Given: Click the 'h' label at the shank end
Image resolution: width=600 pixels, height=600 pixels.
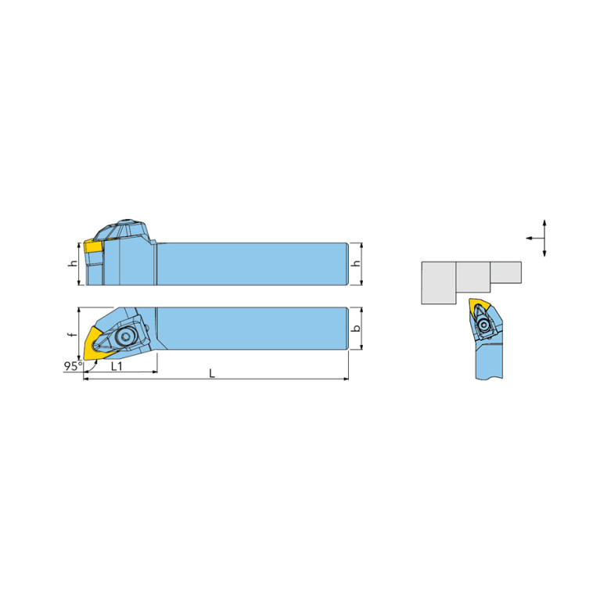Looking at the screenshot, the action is (357, 264).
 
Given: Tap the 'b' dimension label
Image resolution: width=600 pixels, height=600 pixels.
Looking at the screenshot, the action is (357, 329).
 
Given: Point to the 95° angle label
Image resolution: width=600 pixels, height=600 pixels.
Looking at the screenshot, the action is (73, 366).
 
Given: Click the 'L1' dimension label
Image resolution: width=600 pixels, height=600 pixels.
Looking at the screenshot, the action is (117, 366).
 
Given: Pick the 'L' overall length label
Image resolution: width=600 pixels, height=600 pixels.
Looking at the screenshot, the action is (212, 373).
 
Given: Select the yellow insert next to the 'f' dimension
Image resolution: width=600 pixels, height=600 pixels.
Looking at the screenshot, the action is (93, 343).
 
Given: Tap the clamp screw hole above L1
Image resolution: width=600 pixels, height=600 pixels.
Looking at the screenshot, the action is (125, 336).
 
